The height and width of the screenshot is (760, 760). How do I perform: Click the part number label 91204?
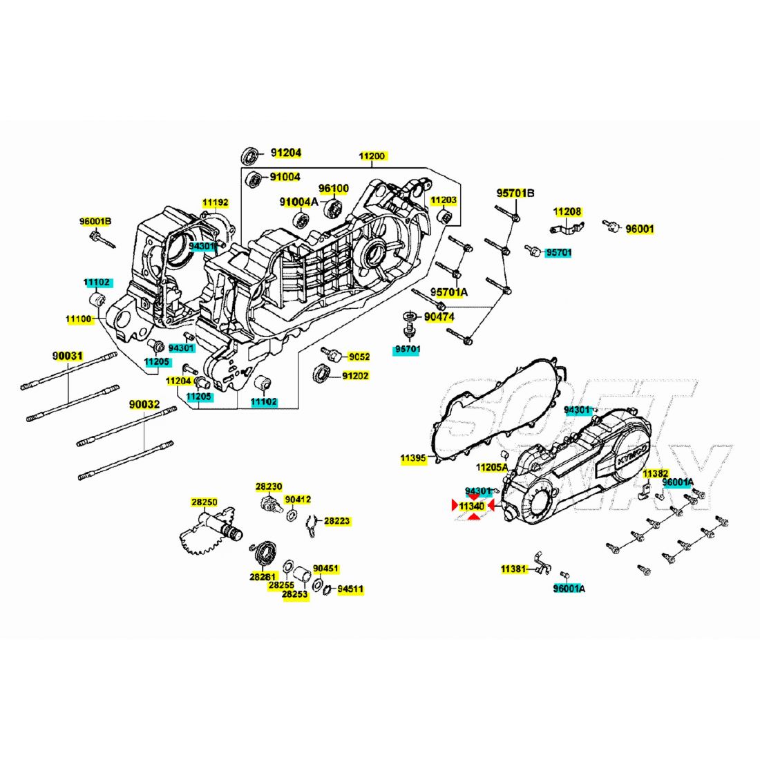(286, 153)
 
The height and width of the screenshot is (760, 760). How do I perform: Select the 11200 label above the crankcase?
(372, 156)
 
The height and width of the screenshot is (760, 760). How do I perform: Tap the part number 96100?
(334, 188)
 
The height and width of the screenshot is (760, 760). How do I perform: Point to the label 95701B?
(515, 193)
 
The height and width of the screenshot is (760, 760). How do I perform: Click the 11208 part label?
(567, 211)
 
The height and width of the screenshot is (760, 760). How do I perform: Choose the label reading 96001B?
(95, 222)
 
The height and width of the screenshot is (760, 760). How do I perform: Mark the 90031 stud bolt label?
(68, 357)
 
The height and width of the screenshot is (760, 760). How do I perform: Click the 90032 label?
(144, 404)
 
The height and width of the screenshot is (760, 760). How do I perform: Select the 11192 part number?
(215, 202)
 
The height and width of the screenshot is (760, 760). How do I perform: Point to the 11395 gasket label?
(413, 458)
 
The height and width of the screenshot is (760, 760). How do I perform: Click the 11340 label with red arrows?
(472, 506)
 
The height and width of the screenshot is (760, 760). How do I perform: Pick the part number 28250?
(204, 502)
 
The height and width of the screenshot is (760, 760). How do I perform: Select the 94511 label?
(350, 589)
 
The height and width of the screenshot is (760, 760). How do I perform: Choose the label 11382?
(655, 473)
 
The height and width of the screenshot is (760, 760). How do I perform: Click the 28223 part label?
(336, 520)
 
